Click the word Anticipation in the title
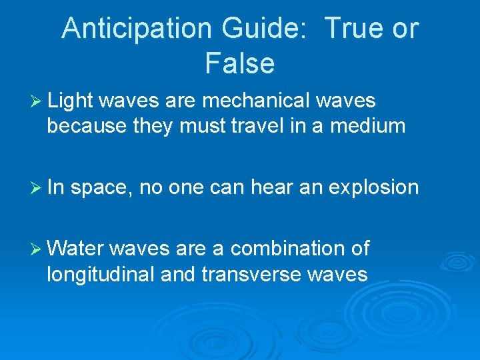pos(136,29)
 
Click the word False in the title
pos(239,63)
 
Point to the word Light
pos(71,101)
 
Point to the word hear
pos(273,187)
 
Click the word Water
pos(75,249)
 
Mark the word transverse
pos(243,273)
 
